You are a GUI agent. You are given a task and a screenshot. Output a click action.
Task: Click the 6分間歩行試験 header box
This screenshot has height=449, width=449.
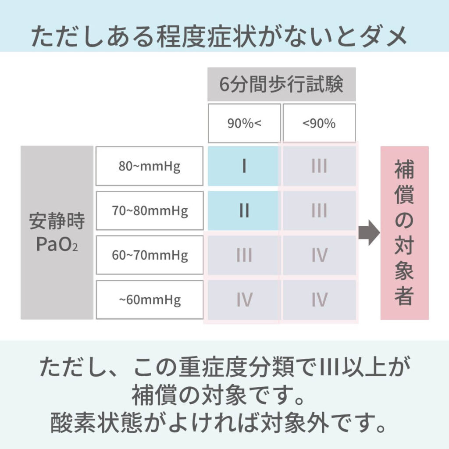pos(282,84)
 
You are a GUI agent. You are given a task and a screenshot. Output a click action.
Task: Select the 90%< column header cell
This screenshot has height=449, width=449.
pos(244,123)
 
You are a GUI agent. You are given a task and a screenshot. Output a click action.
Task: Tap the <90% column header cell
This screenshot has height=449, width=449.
pos(319,123)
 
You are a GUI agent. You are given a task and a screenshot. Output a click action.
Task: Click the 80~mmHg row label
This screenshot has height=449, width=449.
pos(150,166)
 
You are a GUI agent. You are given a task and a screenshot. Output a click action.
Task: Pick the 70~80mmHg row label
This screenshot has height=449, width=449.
pos(150,211)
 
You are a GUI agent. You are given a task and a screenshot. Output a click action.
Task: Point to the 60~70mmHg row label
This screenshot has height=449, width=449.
pos(150,255)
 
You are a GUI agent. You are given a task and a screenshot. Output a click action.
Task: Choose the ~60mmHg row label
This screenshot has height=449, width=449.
pos(150,299)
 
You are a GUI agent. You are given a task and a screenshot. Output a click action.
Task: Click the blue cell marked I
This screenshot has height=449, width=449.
pos(243,166)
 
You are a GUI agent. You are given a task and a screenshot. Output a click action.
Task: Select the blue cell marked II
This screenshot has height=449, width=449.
pos(243,211)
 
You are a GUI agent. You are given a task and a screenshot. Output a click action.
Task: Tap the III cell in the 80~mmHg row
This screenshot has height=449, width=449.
pos(319,166)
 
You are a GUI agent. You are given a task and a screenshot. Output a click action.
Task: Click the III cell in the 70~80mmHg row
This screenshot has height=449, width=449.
pos(319,211)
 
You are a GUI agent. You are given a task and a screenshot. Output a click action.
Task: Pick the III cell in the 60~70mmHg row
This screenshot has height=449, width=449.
pos(244,255)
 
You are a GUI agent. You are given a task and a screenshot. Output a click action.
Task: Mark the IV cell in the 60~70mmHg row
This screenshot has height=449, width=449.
pos(319,255)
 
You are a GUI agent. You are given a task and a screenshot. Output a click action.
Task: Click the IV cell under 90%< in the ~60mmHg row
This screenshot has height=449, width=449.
pos(244,300)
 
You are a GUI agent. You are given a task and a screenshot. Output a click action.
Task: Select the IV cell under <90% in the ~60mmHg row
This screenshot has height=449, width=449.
pos(319,300)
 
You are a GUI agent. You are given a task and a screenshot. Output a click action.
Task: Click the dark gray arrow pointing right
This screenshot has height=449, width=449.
pos(369,233)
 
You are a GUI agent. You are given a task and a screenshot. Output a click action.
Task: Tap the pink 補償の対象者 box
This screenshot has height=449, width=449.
pos(404,233)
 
